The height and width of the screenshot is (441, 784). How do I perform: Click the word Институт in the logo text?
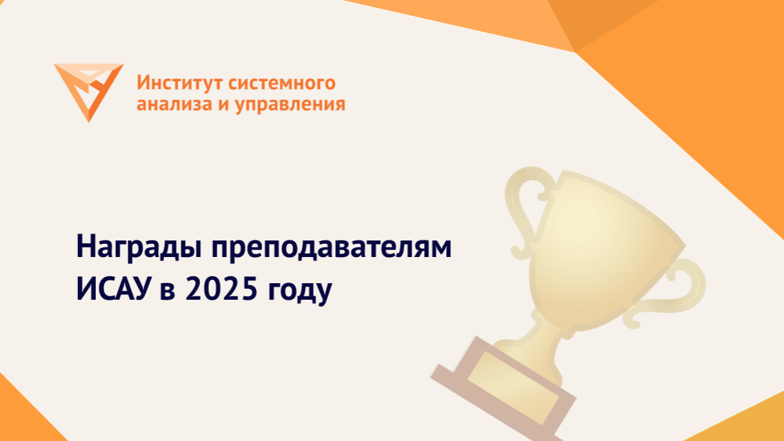click(179, 83)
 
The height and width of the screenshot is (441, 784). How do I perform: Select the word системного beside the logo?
click(281, 83)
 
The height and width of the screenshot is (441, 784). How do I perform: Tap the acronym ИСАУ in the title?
click(113, 289)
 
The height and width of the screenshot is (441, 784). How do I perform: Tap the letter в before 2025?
click(168, 291)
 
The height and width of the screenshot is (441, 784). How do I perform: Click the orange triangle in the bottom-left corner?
click(25, 415)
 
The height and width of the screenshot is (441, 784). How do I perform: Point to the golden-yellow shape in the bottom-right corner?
click(740, 420)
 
